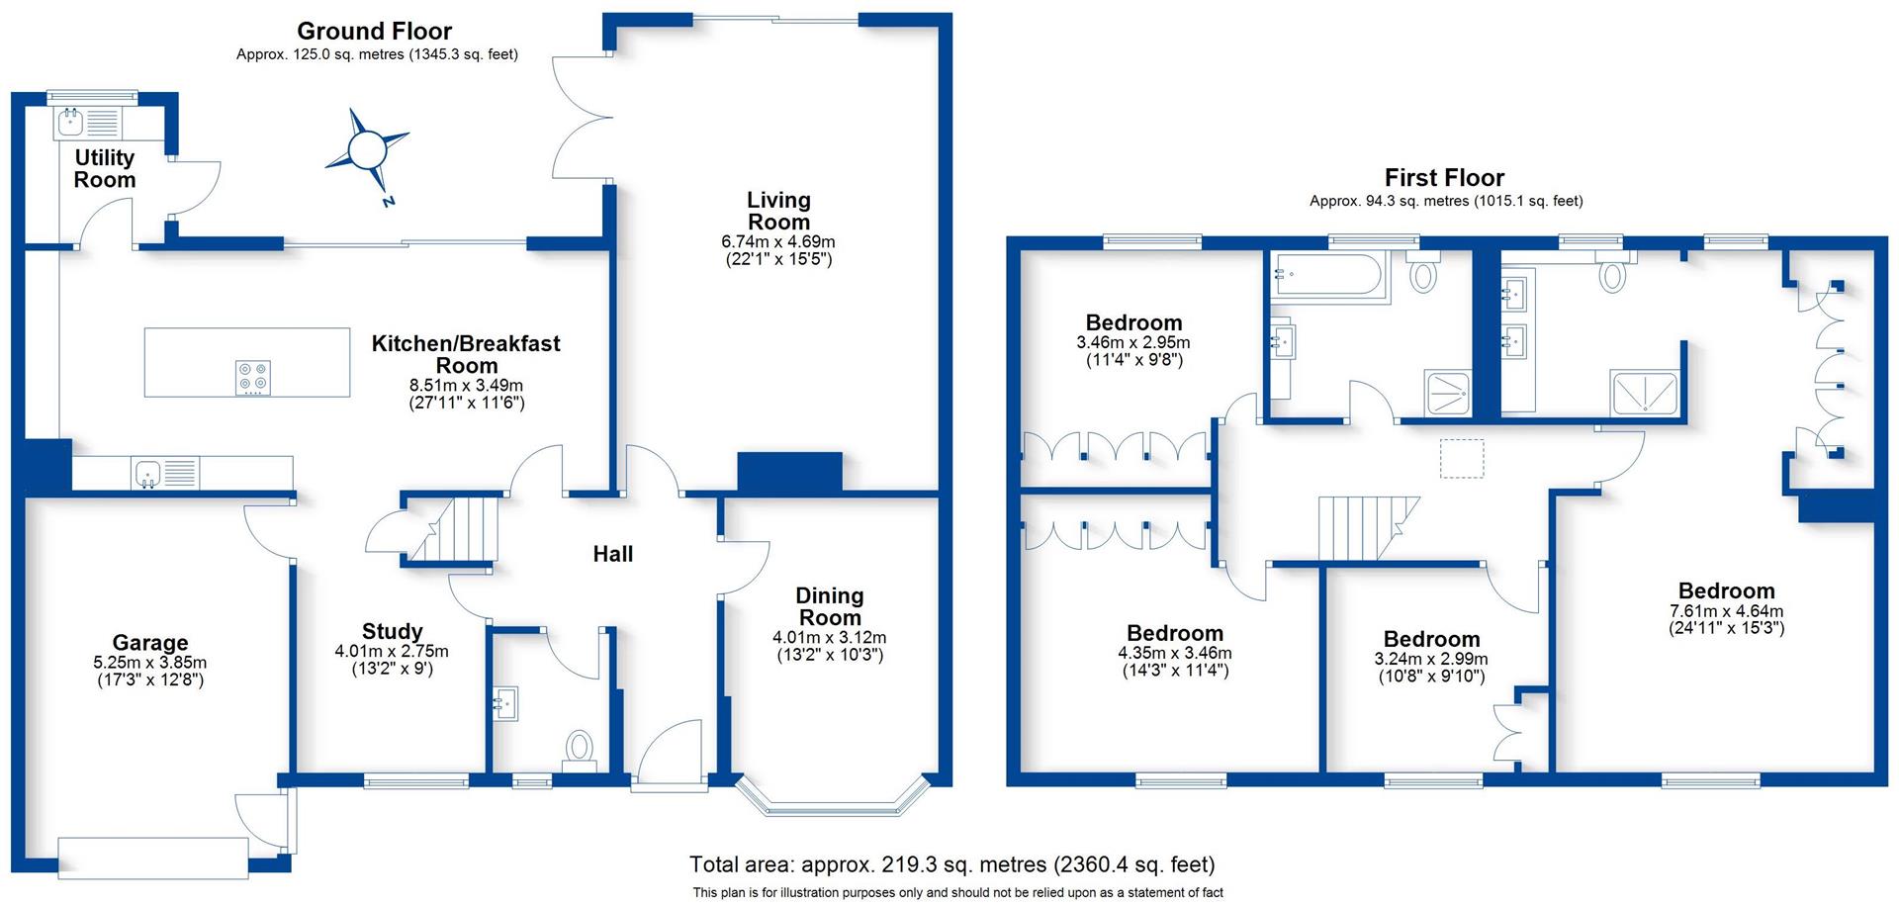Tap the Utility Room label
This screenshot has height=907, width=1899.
coord(105,169)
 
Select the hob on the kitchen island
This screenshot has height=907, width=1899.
coord(253,379)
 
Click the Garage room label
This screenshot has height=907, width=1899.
coord(150,644)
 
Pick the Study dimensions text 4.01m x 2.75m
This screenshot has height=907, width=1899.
coord(392,652)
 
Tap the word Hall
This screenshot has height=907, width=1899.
coord(613,554)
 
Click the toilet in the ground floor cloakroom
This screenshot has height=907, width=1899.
coord(579,749)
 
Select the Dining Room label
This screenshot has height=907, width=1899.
coord(830,606)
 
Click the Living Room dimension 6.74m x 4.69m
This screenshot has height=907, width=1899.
coord(778,241)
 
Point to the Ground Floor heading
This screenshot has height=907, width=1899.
coord(375,32)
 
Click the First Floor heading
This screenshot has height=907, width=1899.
coord(1444,178)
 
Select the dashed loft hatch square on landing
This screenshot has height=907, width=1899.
coord(1462,459)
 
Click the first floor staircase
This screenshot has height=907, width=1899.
coord(1368,529)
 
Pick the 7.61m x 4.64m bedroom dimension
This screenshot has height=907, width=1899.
coord(1727,611)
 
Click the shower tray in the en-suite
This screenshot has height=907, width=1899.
coord(1646,393)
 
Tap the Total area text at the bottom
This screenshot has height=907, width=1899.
coord(952,864)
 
